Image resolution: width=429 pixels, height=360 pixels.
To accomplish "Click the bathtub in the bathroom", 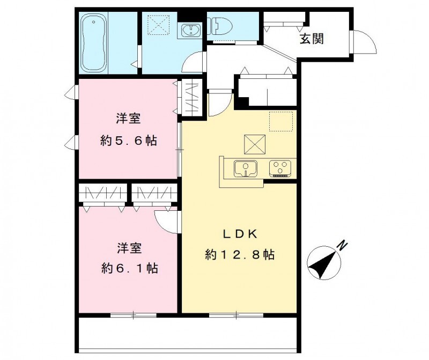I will click(96, 43).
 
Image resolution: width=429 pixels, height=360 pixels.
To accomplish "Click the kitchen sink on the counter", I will click(246, 168).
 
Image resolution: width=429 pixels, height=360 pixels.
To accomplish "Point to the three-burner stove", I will click(280, 168).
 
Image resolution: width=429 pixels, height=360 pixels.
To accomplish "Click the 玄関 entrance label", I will click(311, 39).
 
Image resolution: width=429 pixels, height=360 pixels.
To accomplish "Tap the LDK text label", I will click(241, 234).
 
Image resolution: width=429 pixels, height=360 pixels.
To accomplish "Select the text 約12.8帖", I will click(240, 255).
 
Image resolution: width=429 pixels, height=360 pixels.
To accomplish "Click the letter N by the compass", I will click(341, 246).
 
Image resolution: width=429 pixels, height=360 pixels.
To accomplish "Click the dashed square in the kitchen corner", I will click(281, 121).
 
